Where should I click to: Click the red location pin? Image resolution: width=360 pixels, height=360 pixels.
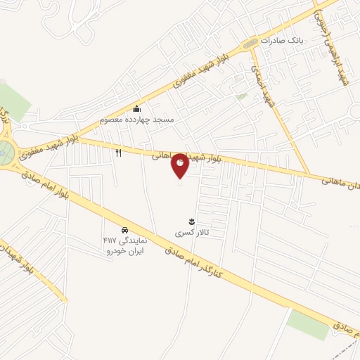(180, 165)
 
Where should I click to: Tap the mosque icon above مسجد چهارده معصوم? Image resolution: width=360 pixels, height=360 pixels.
(137, 108)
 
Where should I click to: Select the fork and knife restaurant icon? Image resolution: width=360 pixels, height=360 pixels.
(119, 152)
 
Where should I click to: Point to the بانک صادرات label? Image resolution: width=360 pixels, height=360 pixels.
(280, 41)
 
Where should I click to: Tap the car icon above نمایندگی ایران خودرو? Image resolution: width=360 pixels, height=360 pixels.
(124, 230)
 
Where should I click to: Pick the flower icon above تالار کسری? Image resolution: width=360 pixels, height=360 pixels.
(192, 222)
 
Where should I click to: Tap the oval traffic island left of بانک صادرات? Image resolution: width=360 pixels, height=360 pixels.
(250, 44)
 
